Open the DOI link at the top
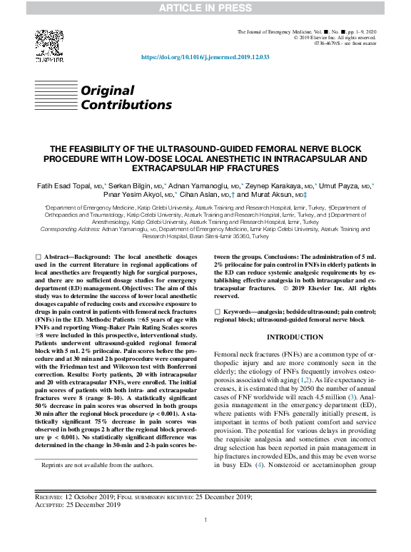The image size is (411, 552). pos(205,56)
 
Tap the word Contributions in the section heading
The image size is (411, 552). pos(126,105)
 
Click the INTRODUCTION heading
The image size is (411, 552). pos(295,337)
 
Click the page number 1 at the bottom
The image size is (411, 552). pos(205,520)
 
